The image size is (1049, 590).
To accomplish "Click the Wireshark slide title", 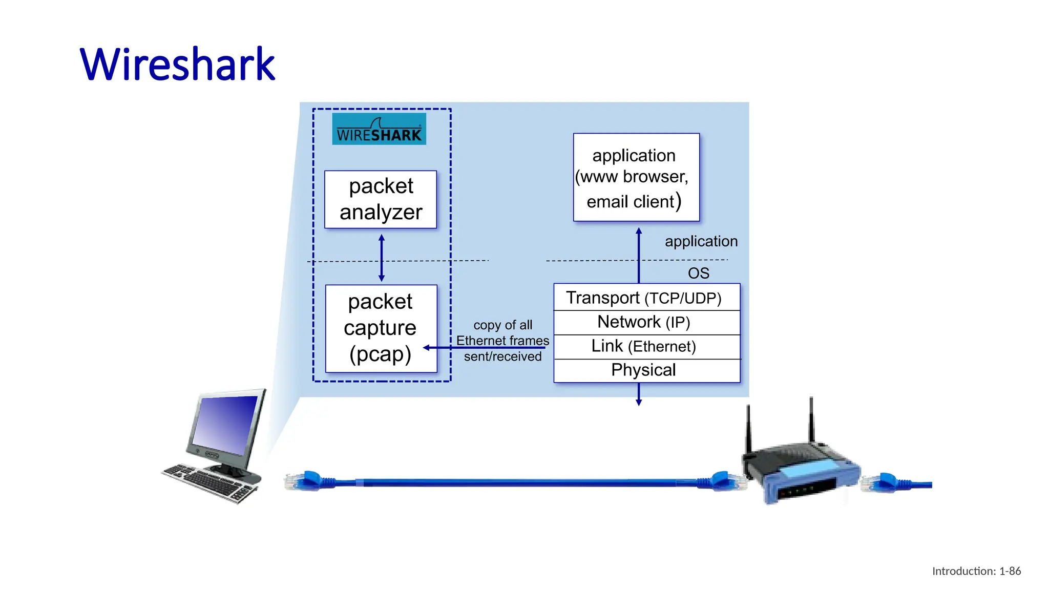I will (x=177, y=65).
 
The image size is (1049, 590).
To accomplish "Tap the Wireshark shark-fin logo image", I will (x=379, y=129).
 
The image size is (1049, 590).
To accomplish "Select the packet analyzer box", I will (x=381, y=199).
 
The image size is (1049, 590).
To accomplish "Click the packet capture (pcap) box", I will (x=381, y=328).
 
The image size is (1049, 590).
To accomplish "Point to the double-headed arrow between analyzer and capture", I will (x=382, y=258).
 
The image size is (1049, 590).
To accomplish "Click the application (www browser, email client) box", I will (x=636, y=177).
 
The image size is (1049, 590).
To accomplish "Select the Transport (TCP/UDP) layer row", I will (x=646, y=298).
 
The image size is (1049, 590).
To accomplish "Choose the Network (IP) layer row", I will (x=646, y=322).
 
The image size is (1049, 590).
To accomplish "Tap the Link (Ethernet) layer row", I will (x=646, y=347).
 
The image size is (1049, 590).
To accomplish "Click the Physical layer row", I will (x=646, y=370).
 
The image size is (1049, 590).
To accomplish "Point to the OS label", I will (x=698, y=273).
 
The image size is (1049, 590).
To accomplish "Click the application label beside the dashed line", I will (x=701, y=241).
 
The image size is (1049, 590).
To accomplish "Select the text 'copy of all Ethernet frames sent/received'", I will (x=502, y=341).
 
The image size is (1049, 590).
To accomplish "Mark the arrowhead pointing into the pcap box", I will (x=426, y=348).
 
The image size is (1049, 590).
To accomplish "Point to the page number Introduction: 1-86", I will (x=976, y=571).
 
